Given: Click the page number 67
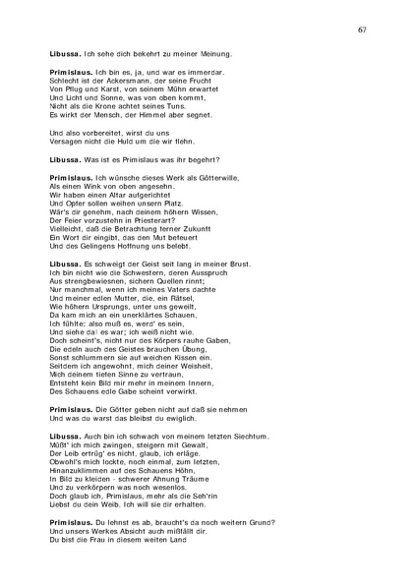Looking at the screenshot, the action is pos(363,30).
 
